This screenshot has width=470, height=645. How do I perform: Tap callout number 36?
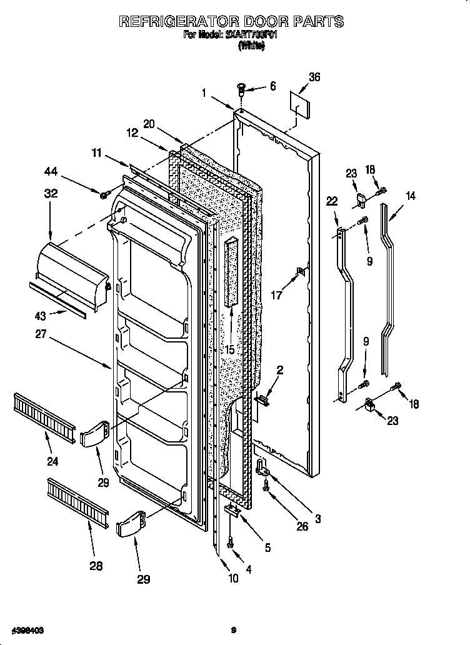click(x=314, y=77)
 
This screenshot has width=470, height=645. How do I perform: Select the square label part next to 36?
click(x=300, y=104)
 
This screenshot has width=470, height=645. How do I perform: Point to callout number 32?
click(x=51, y=194)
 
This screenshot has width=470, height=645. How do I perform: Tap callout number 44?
click(x=51, y=171)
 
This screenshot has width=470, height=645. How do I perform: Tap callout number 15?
click(x=229, y=350)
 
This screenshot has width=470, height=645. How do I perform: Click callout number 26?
click(x=302, y=526)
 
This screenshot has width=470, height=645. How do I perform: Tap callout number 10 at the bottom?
click(x=233, y=578)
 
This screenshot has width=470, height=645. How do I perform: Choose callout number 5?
click(x=267, y=548)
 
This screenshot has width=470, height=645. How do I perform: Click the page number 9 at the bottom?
click(x=232, y=630)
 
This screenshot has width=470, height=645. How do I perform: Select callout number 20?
click(x=148, y=124)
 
